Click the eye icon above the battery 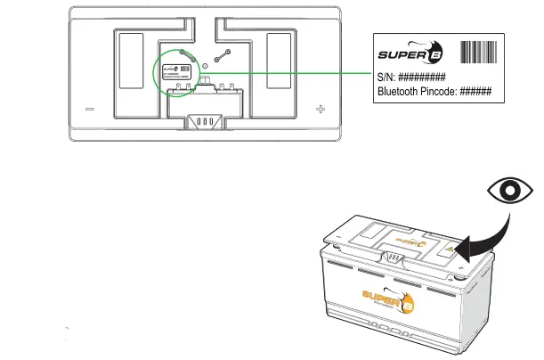coord(511,192)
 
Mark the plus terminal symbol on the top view coord(321,110)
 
